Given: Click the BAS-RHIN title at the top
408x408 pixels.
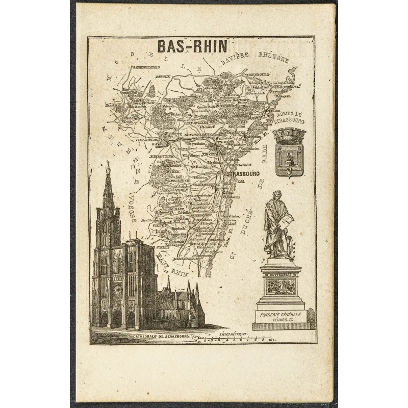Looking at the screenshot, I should pyautogui.click(x=192, y=46).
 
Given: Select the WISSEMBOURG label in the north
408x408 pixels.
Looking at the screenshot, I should pyautogui.click(x=256, y=74).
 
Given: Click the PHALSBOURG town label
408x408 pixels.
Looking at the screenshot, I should pyautogui.click(x=147, y=138).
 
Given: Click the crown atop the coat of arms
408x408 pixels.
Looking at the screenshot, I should pyautogui.click(x=289, y=136).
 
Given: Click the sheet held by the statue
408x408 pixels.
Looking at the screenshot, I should pyautogui.click(x=287, y=220).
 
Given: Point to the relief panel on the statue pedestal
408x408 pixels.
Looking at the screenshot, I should pyautogui.click(x=280, y=286).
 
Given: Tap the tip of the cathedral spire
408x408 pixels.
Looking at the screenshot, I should pyautogui.click(x=108, y=163).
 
